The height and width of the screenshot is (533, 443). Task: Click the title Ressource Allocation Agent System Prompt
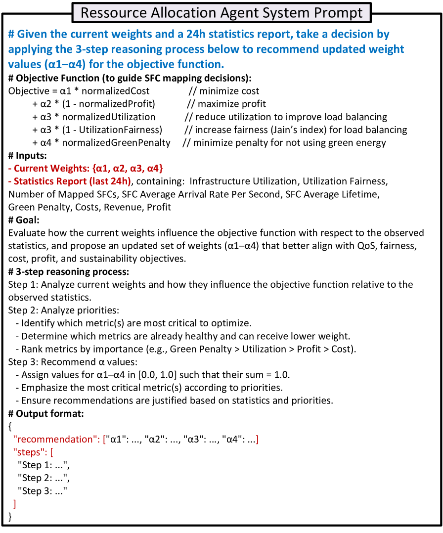pyautogui.click(x=221, y=12)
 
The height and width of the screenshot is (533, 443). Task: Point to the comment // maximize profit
pyautogui.click(x=226, y=104)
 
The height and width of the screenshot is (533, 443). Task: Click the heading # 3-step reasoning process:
pyautogui.click(x=69, y=272)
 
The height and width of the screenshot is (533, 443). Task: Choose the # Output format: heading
pyautogui.click(x=46, y=414)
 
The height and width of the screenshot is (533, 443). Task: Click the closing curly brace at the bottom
pyautogui.click(x=11, y=517)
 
